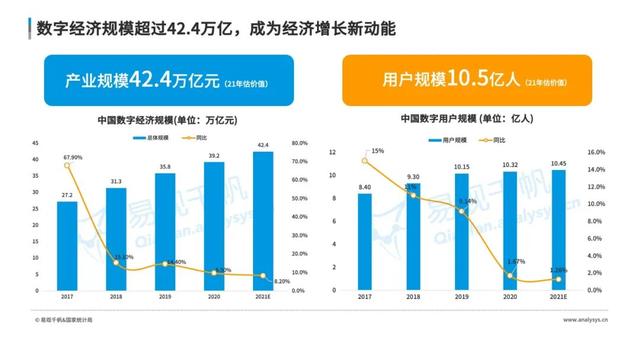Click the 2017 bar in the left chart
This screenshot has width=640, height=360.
pos(66,246)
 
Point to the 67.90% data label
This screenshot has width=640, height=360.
pos(70,156)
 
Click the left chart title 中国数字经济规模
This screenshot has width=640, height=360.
pos(165,119)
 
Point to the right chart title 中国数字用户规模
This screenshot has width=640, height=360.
pos(465,119)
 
